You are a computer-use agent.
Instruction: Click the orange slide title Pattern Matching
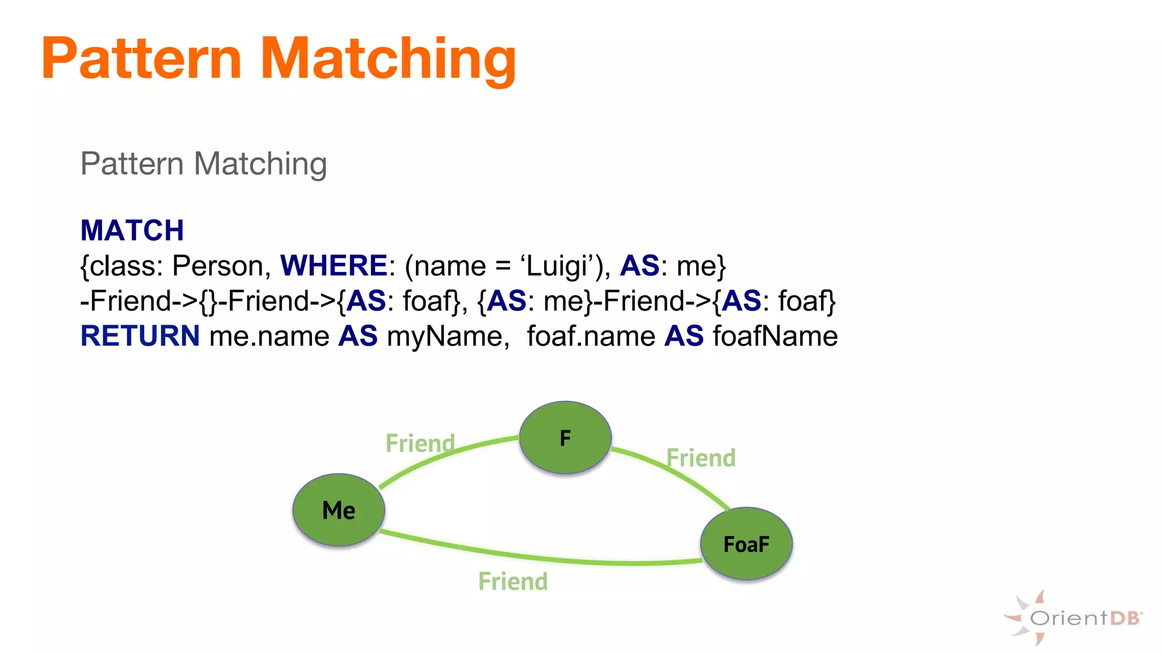click(x=279, y=58)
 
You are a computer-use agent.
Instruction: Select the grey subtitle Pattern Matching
click(x=204, y=164)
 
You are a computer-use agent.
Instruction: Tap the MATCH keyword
click(x=132, y=230)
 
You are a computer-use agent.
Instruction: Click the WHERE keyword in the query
click(x=334, y=266)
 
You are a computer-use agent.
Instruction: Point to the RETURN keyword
click(x=140, y=336)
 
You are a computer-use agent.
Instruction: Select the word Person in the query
click(x=217, y=266)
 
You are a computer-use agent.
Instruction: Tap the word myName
click(x=445, y=336)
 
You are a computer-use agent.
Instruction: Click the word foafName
click(x=775, y=336)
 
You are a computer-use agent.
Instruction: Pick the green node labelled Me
click(x=339, y=510)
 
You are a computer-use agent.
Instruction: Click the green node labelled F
click(x=565, y=438)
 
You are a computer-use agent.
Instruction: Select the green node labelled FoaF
click(x=746, y=544)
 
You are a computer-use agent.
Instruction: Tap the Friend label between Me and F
click(x=420, y=443)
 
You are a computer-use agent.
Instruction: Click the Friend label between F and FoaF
click(x=701, y=458)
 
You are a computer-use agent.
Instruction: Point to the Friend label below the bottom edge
click(x=513, y=581)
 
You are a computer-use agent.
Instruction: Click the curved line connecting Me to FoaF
click(x=539, y=556)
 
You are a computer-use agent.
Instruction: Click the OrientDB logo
click(x=1072, y=618)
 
